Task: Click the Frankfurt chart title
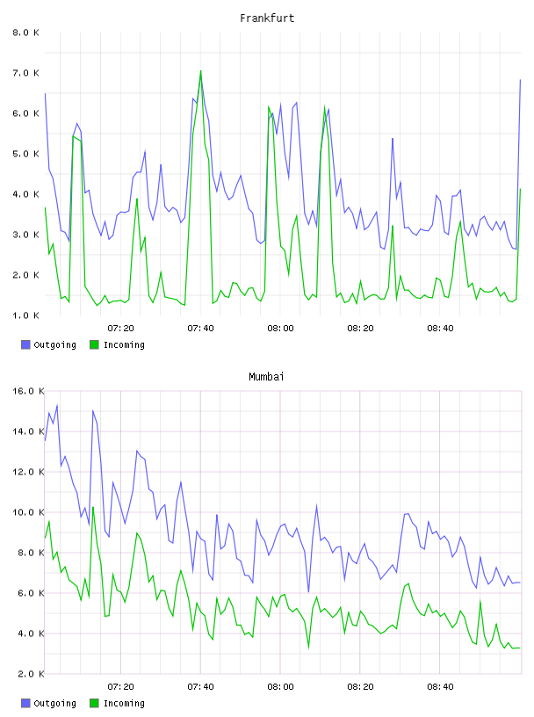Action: [x=267, y=18]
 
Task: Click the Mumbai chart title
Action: [x=266, y=376]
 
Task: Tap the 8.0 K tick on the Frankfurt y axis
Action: [x=25, y=33]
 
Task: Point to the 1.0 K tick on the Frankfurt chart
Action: [x=25, y=315]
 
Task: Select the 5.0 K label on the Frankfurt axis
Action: [x=25, y=154]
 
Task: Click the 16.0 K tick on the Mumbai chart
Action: [x=28, y=391]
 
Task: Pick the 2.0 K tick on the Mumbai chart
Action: [x=28, y=674]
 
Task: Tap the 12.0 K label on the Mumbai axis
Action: [x=28, y=472]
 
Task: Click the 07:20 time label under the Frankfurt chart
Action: [x=120, y=328]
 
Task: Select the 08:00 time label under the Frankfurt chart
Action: [x=280, y=328]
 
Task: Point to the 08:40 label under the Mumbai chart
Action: [x=440, y=686]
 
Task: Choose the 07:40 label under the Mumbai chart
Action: [x=201, y=686]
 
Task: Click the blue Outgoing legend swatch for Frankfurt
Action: [x=25, y=344]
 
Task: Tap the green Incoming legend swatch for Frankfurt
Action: [x=94, y=344]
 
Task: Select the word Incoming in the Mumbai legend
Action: [x=124, y=703]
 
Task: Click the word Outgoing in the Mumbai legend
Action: [x=54, y=703]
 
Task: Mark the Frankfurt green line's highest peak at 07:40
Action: [x=201, y=71]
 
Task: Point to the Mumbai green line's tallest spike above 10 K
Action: [x=93, y=507]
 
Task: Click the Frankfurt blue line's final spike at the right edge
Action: [x=520, y=80]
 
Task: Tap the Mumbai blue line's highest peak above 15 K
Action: [x=57, y=405]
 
